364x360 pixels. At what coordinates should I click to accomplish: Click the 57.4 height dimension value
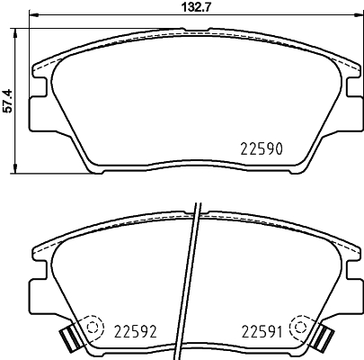click(x=7, y=101)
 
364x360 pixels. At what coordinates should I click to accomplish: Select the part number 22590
click(x=262, y=148)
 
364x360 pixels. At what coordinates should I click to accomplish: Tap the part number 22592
click(x=136, y=331)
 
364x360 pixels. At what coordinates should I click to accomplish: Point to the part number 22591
click(x=262, y=331)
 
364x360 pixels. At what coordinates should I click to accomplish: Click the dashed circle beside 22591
click(x=299, y=326)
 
